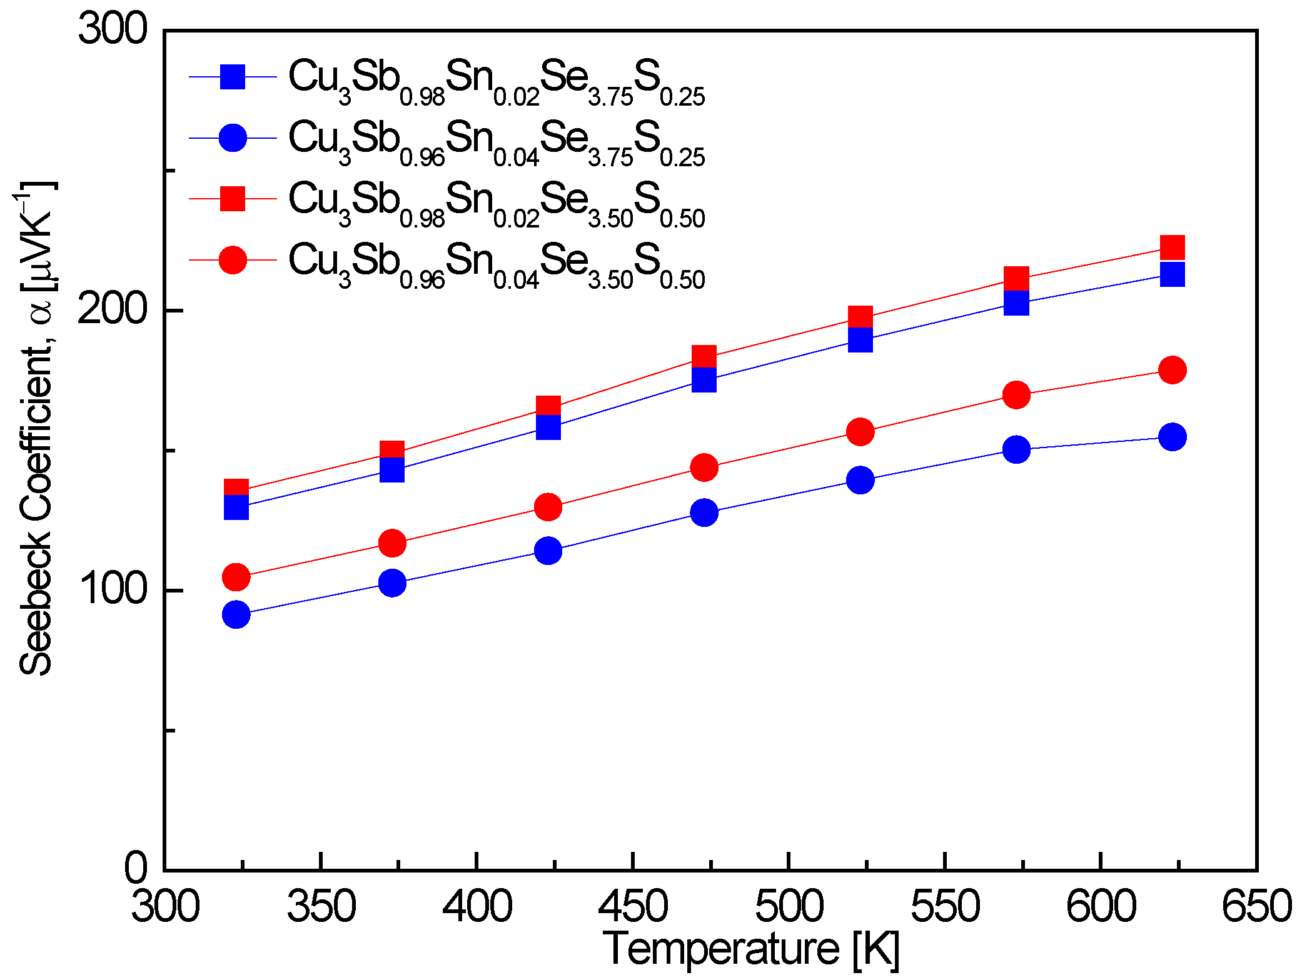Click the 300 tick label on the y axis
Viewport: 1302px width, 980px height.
(x=113, y=29)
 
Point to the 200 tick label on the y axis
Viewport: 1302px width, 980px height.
(x=113, y=309)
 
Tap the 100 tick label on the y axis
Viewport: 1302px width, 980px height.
(x=113, y=589)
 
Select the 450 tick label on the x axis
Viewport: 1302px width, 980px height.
(x=633, y=907)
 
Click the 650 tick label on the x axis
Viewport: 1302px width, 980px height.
(x=1256, y=907)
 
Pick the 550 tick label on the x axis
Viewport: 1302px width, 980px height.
(x=945, y=907)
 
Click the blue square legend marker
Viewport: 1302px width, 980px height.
(x=233, y=77)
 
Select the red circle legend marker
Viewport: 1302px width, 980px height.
(x=233, y=260)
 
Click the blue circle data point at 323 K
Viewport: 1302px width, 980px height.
(x=236, y=615)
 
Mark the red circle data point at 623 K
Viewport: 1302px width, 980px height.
(x=1173, y=370)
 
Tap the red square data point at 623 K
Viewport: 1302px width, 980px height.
(x=1173, y=247)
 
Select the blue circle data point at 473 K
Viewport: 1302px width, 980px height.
(x=704, y=512)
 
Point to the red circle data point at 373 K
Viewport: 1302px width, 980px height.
(x=392, y=543)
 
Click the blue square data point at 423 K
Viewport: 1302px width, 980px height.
(x=548, y=428)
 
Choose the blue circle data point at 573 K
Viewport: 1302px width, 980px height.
(x=1017, y=449)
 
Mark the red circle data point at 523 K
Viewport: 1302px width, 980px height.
(x=860, y=432)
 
